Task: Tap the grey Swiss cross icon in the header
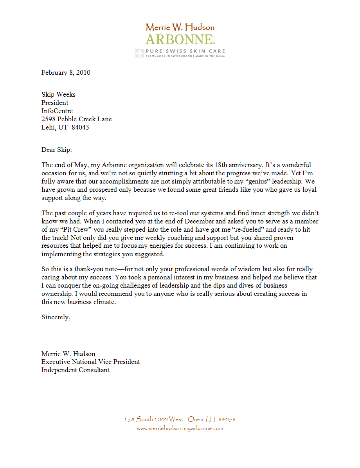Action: (x=139, y=54)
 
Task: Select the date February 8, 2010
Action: (x=66, y=72)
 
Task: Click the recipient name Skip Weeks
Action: (x=58, y=94)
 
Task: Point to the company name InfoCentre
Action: (x=57, y=111)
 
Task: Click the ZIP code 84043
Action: (x=80, y=127)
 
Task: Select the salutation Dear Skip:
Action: (x=57, y=149)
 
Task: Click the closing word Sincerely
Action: (x=56, y=317)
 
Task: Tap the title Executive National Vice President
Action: (x=91, y=362)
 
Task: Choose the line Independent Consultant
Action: (x=76, y=370)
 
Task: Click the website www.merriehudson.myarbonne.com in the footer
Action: (x=180, y=428)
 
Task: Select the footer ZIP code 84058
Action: (x=227, y=419)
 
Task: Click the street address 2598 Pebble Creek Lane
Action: (x=77, y=119)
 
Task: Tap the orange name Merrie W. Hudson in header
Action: (x=180, y=27)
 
